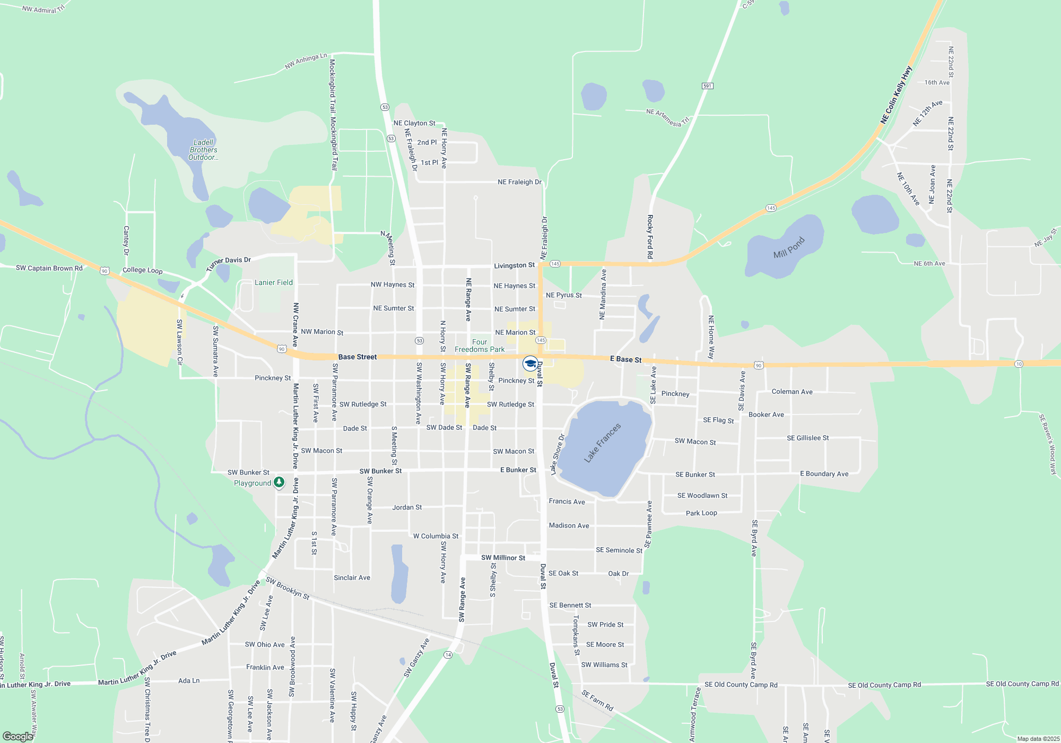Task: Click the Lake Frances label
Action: click(602, 443)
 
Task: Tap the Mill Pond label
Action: click(789, 247)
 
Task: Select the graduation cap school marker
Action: click(530, 364)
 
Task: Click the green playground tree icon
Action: click(279, 482)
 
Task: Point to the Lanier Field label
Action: click(273, 282)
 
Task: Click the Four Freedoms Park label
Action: click(480, 345)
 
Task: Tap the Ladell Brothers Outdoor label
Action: click(203, 150)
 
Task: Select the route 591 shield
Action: click(707, 86)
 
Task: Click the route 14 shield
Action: click(448, 655)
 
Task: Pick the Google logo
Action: click(18, 737)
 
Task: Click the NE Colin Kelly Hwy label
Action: click(896, 95)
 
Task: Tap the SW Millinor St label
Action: click(503, 558)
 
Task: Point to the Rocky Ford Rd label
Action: click(650, 237)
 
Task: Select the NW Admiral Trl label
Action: click(43, 9)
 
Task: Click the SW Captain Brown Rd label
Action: click(49, 268)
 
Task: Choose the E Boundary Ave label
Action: click(824, 474)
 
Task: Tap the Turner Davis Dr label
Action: click(229, 263)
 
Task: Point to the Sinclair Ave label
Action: click(352, 577)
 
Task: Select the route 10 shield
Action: click(1019, 364)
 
